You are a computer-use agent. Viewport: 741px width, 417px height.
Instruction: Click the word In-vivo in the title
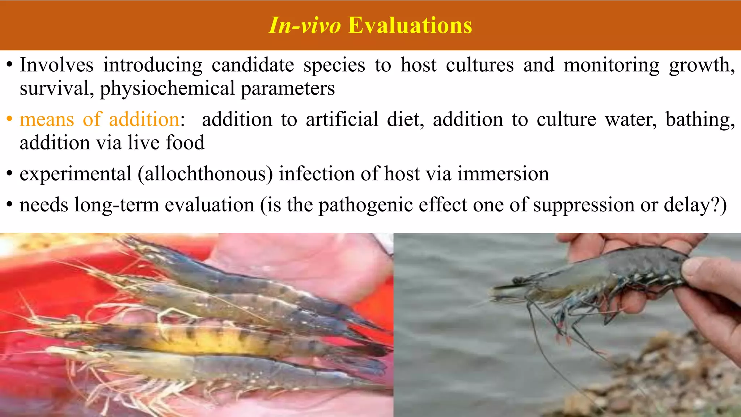pyautogui.click(x=304, y=25)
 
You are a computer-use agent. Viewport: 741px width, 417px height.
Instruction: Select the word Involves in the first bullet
pyautogui.click(x=56, y=65)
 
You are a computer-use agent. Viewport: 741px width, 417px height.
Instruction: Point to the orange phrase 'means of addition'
pyautogui.click(x=99, y=119)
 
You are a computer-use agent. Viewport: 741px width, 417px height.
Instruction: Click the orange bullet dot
pyautogui.click(x=10, y=120)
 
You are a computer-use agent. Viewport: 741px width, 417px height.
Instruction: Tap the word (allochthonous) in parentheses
pyautogui.click(x=205, y=174)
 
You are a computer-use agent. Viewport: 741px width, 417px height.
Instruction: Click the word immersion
pyautogui.click(x=503, y=174)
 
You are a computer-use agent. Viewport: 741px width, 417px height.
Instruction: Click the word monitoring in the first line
pyautogui.click(x=611, y=65)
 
